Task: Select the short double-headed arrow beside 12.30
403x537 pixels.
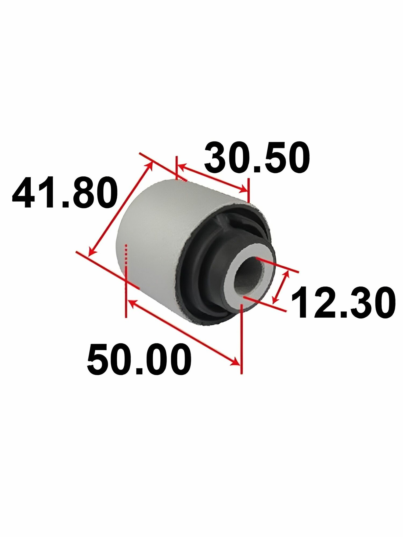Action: click(x=281, y=287)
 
